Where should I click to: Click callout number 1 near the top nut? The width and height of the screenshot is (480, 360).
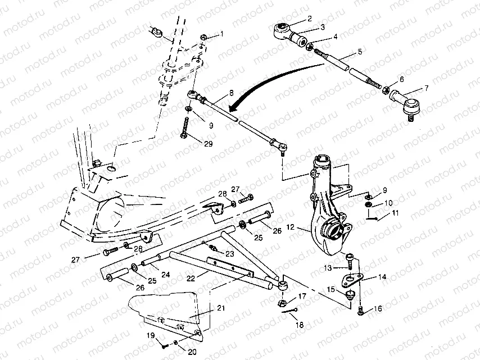tap(221, 34)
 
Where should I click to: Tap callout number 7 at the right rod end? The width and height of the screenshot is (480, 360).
tap(425, 88)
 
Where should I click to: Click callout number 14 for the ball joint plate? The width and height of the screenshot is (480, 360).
tap(382, 277)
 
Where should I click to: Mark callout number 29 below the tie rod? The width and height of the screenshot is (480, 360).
tap(209, 144)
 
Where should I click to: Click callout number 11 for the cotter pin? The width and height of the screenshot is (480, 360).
tap(395, 213)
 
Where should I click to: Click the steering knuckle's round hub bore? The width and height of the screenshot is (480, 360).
tap(332, 231)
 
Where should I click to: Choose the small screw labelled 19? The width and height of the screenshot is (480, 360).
tap(162, 343)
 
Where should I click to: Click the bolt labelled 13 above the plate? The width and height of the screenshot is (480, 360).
tap(350, 259)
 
